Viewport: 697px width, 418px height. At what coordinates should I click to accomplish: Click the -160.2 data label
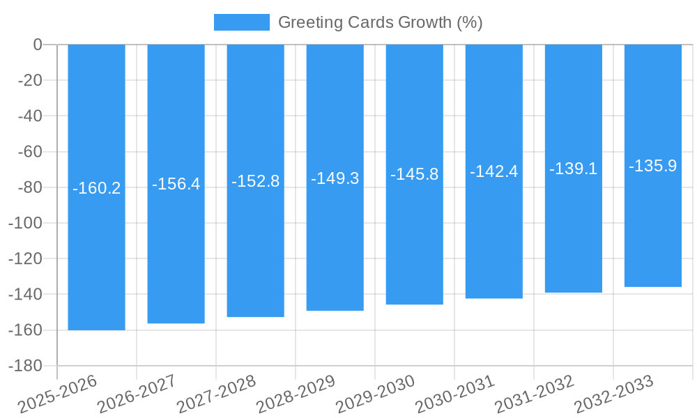click(x=96, y=188)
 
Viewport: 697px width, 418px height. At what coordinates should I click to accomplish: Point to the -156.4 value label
click(x=176, y=184)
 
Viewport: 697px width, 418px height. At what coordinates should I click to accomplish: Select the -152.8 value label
click(x=255, y=181)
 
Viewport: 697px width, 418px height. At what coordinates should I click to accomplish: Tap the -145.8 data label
click(x=414, y=174)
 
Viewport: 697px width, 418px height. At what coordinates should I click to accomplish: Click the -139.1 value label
click(x=573, y=169)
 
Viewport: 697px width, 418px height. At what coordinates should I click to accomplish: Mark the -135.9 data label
click(x=652, y=166)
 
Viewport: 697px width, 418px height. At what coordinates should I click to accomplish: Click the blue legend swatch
click(x=241, y=22)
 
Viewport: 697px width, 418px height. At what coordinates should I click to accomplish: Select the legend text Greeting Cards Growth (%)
click(x=380, y=22)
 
